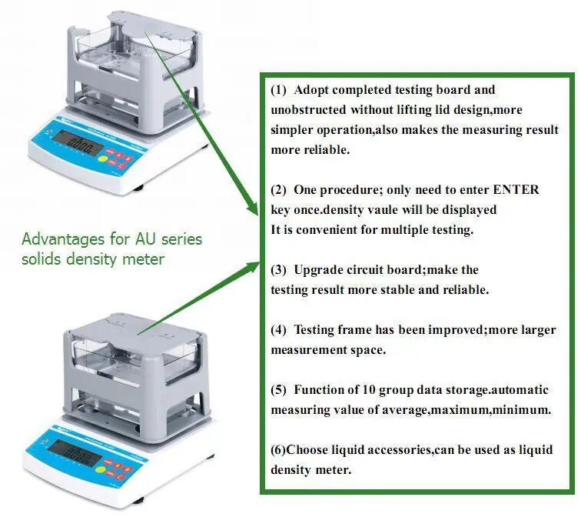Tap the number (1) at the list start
pyautogui.click(x=278, y=90)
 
